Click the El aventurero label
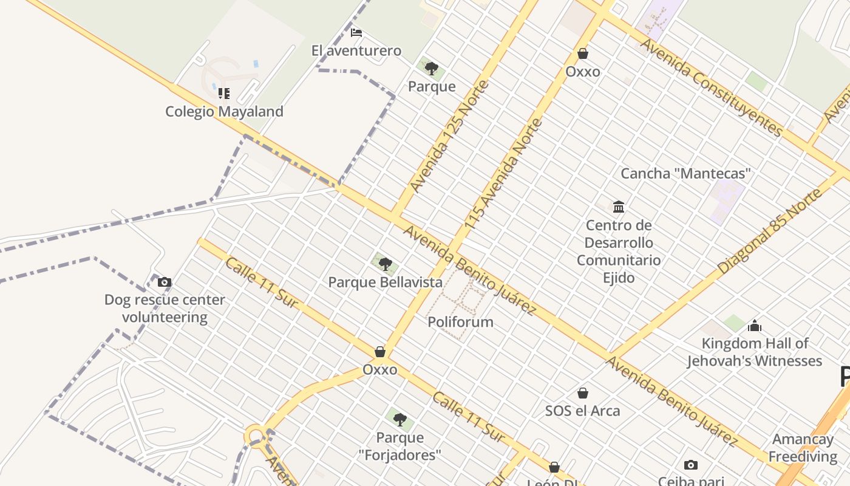(x=356, y=50)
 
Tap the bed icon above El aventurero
(x=356, y=33)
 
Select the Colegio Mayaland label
(x=224, y=112)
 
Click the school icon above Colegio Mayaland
(x=224, y=94)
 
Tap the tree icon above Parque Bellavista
(x=385, y=264)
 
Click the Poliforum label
(x=460, y=322)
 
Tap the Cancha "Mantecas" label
(x=685, y=174)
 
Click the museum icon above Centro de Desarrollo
(x=619, y=207)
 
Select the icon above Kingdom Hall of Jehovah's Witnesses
(x=755, y=326)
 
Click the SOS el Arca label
(x=582, y=411)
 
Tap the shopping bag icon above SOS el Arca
(x=582, y=393)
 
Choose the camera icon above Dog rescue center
(x=165, y=282)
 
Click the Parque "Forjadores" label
(x=399, y=446)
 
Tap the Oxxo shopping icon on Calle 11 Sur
(x=380, y=352)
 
